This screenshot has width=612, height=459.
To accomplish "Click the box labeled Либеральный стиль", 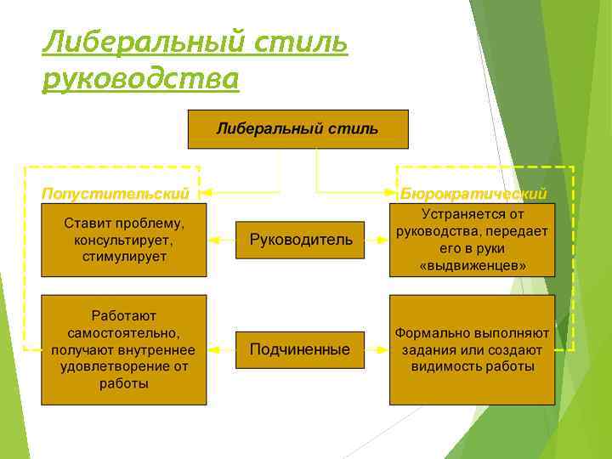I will pos(297,129).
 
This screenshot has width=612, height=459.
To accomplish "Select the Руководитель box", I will pos(300,241).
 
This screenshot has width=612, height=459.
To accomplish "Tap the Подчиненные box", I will pos(300,349).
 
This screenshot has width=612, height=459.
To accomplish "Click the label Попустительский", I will pos(116,194).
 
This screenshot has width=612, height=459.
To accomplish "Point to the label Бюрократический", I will pos(473,194).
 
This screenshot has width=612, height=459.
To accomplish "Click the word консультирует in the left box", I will pos(124,240).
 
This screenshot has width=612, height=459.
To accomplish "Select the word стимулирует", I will pos(124,256).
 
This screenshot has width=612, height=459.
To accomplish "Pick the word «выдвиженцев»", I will pos(473,266).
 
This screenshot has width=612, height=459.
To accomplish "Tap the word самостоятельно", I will pos(124,332).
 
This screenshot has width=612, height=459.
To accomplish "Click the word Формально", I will pos(428,333).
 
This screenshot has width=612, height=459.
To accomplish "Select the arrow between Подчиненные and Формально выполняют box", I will pos(377,349).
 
